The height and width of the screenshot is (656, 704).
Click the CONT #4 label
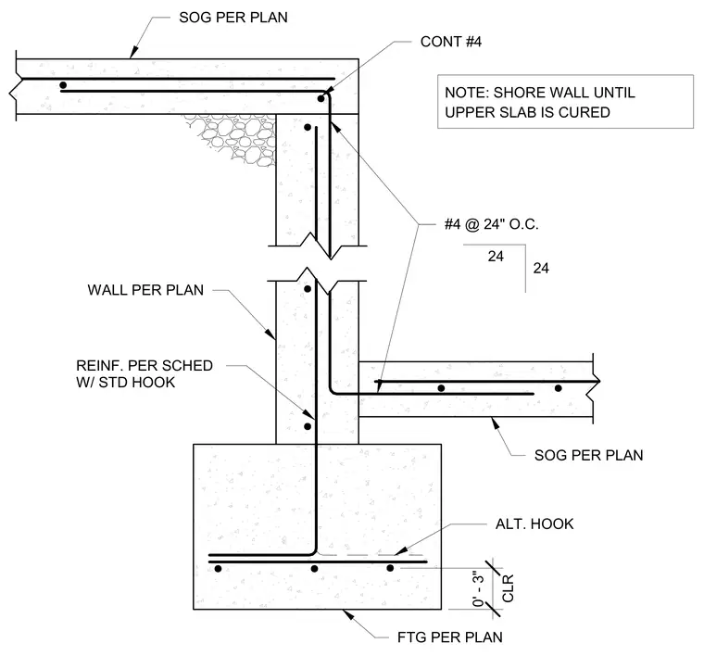coord(451,42)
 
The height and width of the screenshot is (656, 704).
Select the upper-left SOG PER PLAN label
coord(233,18)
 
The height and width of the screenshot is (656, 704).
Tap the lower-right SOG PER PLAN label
coord(588,455)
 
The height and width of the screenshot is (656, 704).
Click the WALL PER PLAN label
coord(145,290)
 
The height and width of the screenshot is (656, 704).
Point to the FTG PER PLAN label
coord(450,637)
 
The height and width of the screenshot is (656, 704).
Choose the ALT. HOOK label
coord(534,524)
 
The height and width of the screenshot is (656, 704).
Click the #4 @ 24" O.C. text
coord(491,224)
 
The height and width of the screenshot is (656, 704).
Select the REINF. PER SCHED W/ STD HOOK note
coord(145,374)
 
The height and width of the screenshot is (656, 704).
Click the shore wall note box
coord(565,102)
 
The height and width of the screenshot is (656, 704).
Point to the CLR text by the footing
coord(508,588)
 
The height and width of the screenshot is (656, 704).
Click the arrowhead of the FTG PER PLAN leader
coord(348,614)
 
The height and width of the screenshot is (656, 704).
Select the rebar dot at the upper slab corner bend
coord(321,98)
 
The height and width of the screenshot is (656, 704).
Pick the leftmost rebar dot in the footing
coord(219,569)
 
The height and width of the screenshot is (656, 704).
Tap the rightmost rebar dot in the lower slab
coord(558,388)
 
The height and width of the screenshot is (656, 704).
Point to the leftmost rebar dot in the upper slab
coord(63,85)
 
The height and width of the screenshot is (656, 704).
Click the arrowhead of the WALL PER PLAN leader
coord(270,334)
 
